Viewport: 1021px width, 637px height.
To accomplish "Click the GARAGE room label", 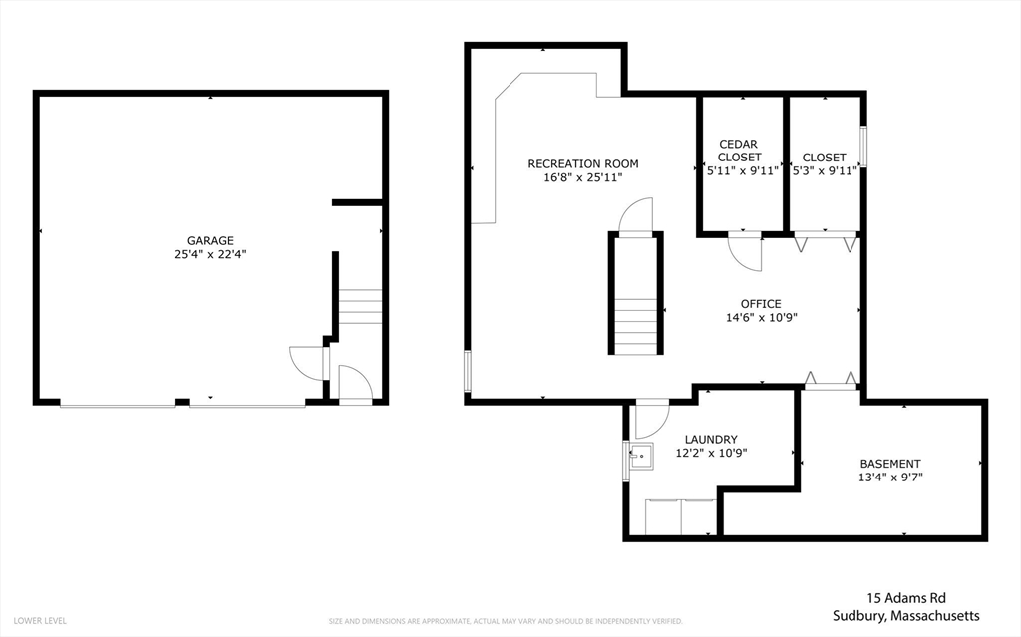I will pos(210,240).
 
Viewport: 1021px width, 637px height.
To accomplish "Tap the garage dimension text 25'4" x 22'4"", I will pos(210,254).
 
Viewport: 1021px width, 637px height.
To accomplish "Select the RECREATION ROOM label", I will pos(583,163).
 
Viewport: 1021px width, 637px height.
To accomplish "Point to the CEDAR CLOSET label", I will pos(739,151).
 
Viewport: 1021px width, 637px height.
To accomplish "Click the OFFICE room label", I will pos(760,304).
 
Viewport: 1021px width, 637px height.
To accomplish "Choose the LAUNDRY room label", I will pos(711,439).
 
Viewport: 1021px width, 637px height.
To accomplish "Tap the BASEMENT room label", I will pos(890,463).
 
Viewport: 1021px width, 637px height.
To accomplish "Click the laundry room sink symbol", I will pos(639,457).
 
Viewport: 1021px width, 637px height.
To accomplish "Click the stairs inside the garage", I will pos(361,306).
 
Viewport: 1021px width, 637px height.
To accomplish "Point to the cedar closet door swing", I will pos(746,252).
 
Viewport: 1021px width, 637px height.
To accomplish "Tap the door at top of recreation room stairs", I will pos(635,216).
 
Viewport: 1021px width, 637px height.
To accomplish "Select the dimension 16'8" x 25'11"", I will pos(583,177).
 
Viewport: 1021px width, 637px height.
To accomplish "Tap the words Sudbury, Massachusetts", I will pos(906,616).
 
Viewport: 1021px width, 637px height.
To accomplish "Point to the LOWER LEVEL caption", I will pos(41,621).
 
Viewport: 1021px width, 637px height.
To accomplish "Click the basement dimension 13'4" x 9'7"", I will pos(890,477).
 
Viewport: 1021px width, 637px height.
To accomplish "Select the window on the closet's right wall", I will pos(863,147).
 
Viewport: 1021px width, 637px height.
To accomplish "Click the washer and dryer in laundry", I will pos(680,517).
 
